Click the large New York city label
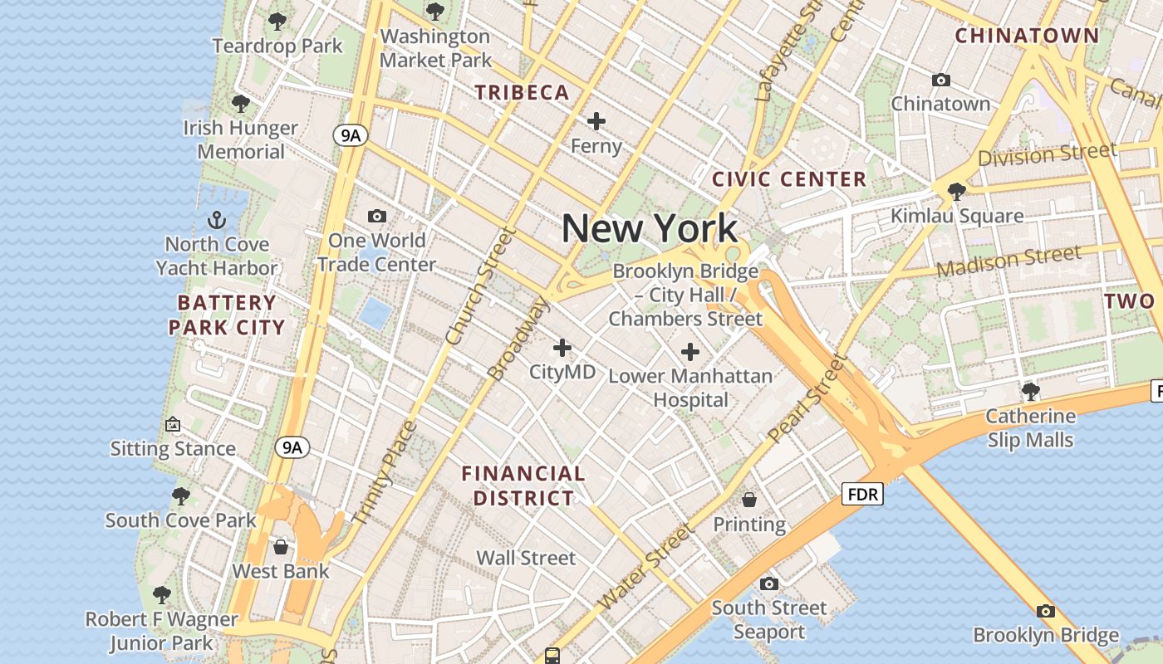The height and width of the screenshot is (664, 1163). [x=650, y=228]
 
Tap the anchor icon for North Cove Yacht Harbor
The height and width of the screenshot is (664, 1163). [x=217, y=221]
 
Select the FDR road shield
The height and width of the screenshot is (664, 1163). [x=862, y=495]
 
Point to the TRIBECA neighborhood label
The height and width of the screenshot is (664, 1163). [x=523, y=93]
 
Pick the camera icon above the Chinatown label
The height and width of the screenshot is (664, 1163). [x=940, y=80]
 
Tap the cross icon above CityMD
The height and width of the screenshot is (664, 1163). [x=562, y=347]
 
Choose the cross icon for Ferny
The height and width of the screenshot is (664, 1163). [x=596, y=121]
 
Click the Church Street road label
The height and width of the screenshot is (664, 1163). [x=479, y=286]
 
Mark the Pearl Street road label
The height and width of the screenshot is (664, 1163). [x=806, y=398]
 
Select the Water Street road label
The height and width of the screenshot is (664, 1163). [x=645, y=568]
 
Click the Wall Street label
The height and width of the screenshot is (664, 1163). [x=526, y=558]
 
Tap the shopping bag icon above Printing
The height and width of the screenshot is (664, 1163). [x=749, y=499]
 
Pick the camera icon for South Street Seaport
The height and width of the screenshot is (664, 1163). [x=769, y=583]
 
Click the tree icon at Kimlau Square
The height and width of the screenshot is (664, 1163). [x=956, y=191]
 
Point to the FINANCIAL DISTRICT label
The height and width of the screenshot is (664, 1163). [x=523, y=486]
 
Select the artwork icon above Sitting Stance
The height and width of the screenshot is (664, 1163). [x=173, y=424]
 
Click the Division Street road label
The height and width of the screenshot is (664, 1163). [x=1047, y=154]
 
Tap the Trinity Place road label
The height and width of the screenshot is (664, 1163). [x=383, y=473]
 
